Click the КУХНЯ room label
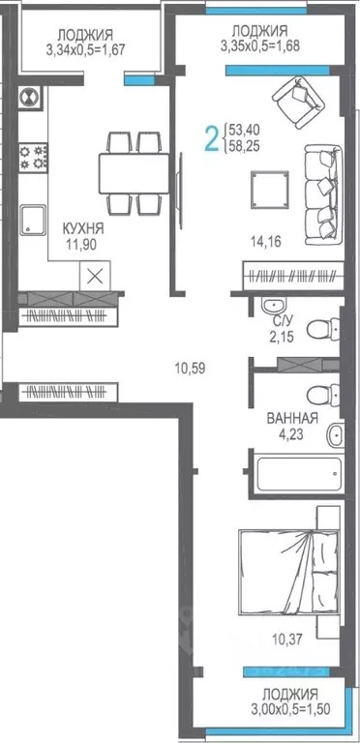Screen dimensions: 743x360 coord(83,228)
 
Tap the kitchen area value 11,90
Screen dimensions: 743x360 coord(83,244)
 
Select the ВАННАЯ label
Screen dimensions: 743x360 coord(292,419)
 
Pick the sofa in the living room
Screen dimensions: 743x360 coord(322,191)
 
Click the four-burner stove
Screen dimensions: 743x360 coord(36,158)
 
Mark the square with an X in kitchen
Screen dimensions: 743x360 coord(95,275)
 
